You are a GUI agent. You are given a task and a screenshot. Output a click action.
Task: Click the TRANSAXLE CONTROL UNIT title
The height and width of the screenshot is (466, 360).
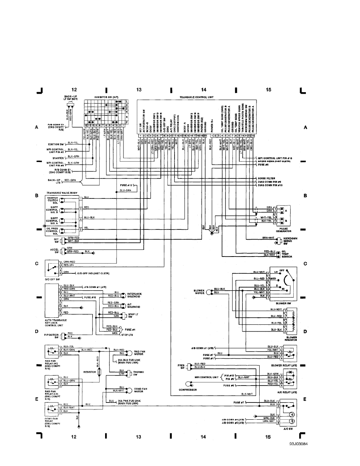point(196,96)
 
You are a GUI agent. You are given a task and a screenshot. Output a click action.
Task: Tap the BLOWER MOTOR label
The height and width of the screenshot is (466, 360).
point(200,292)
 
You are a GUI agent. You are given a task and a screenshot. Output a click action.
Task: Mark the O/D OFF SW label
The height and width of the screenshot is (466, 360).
point(53,280)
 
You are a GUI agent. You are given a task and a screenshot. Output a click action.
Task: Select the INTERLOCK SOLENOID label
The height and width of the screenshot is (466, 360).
point(135,294)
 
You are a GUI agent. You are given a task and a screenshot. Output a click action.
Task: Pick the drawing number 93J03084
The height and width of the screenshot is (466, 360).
point(299,444)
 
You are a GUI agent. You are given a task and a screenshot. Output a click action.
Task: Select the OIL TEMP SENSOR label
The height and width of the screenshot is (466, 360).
point(287,254)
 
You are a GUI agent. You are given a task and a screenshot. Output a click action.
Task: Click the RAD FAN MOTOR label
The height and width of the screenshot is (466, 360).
point(140,353)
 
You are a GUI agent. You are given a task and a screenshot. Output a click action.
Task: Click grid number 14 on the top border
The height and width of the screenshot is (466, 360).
point(203,90)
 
